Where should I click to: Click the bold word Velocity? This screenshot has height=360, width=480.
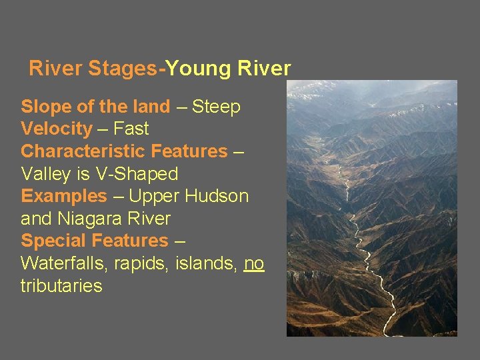tap(57, 129)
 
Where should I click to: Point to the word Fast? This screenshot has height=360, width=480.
tap(131, 129)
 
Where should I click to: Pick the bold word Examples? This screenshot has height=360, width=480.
tap(64, 197)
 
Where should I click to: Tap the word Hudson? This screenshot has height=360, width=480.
tap(219, 197)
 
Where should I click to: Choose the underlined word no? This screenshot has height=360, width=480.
tap(254, 264)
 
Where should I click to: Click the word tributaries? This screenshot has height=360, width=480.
tap(61, 286)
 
